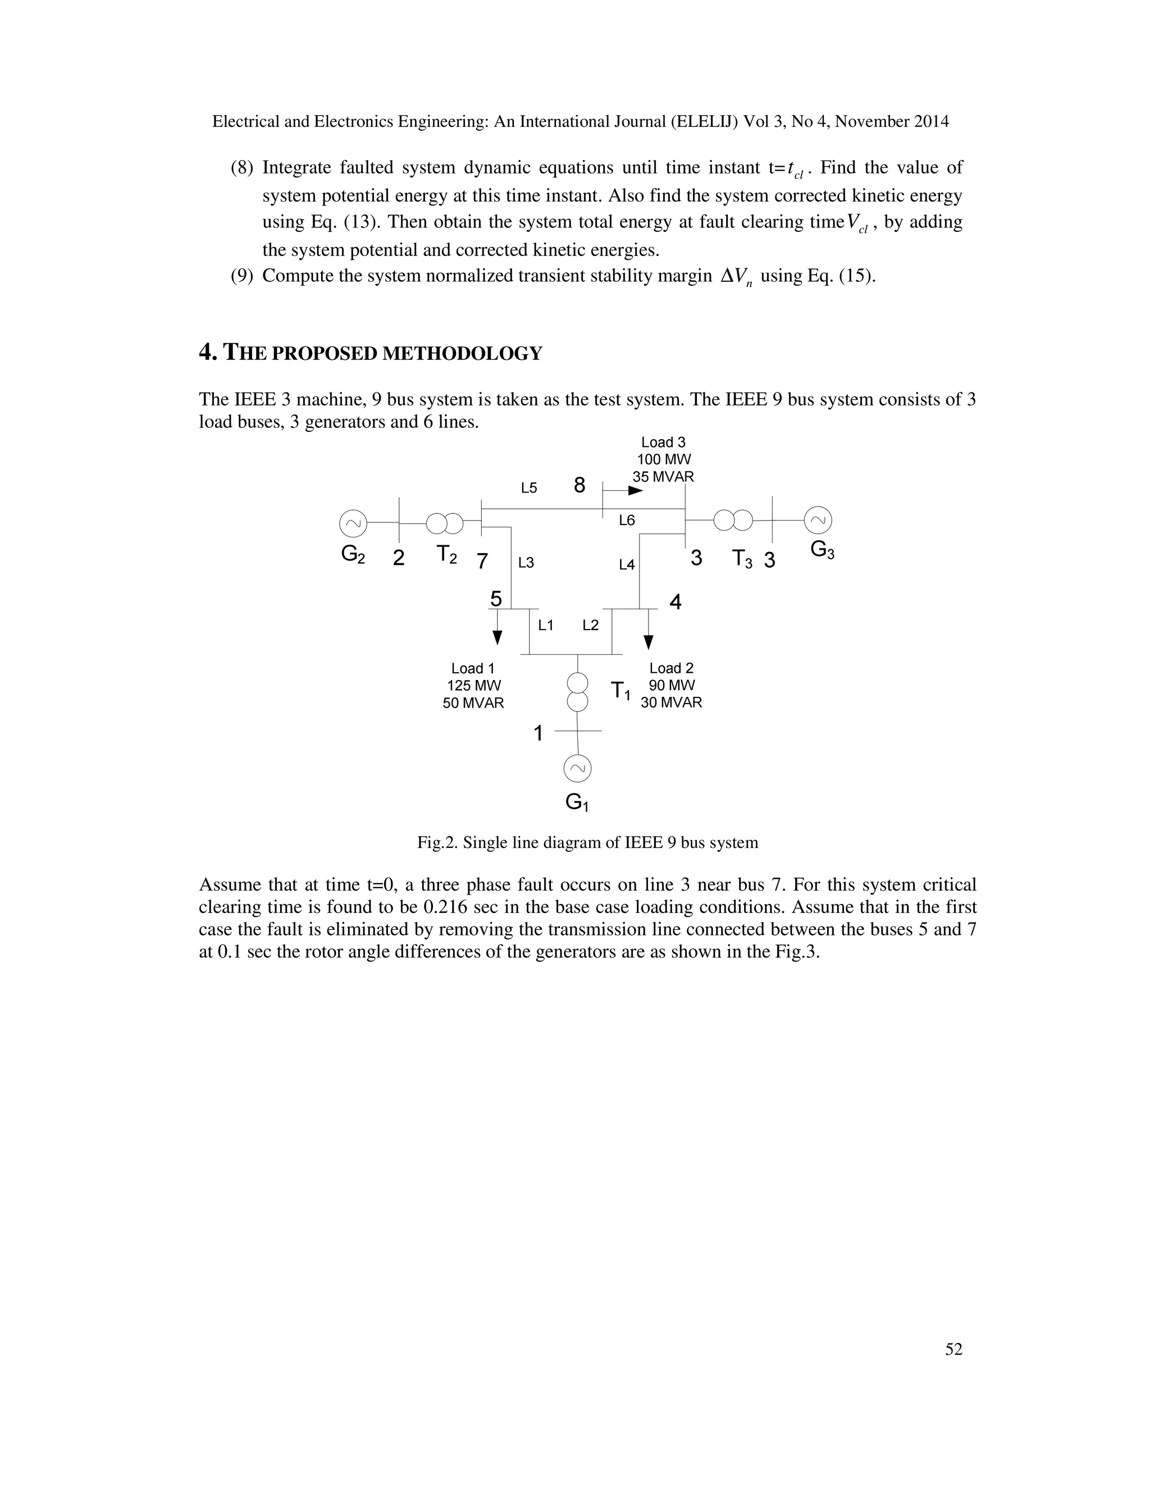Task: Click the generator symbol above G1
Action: point(577,769)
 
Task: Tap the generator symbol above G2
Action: point(353,523)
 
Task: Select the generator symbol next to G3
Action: point(818,521)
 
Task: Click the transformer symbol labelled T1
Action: point(577,692)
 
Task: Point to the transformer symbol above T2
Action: point(444,523)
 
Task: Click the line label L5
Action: point(528,488)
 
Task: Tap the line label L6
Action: point(626,521)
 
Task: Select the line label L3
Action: point(526,563)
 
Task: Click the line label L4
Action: point(626,564)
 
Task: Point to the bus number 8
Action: point(579,485)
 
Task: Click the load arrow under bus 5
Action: point(498,628)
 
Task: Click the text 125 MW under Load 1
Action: point(473,686)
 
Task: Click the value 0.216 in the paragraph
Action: point(448,907)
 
